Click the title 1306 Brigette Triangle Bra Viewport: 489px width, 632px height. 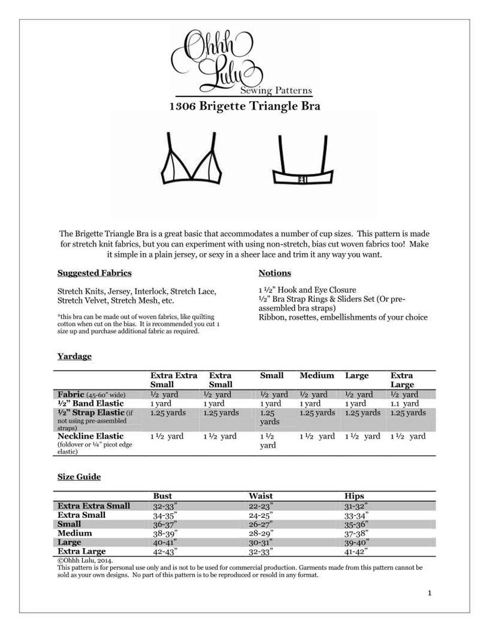pos(245,106)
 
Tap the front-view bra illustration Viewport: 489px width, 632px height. pos(191,160)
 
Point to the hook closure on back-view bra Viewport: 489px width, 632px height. pos(303,180)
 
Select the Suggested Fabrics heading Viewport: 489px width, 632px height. pos(94,273)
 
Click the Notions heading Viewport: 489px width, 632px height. pos(275,273)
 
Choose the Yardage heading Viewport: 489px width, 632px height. pos(75,356)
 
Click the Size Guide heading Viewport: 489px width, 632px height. pos(79,477)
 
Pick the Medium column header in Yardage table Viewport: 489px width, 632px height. pos(317,376)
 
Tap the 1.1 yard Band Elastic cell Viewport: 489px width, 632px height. pos(405,403)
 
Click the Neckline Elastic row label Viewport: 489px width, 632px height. pos(91,436)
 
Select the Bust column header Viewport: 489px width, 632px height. pos(163,496)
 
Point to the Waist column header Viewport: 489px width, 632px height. pos(261,496)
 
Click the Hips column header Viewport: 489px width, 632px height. pos(354,496)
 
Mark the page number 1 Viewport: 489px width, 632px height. pos(430,593)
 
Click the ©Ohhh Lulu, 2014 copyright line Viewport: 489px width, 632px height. pos(85,560)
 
